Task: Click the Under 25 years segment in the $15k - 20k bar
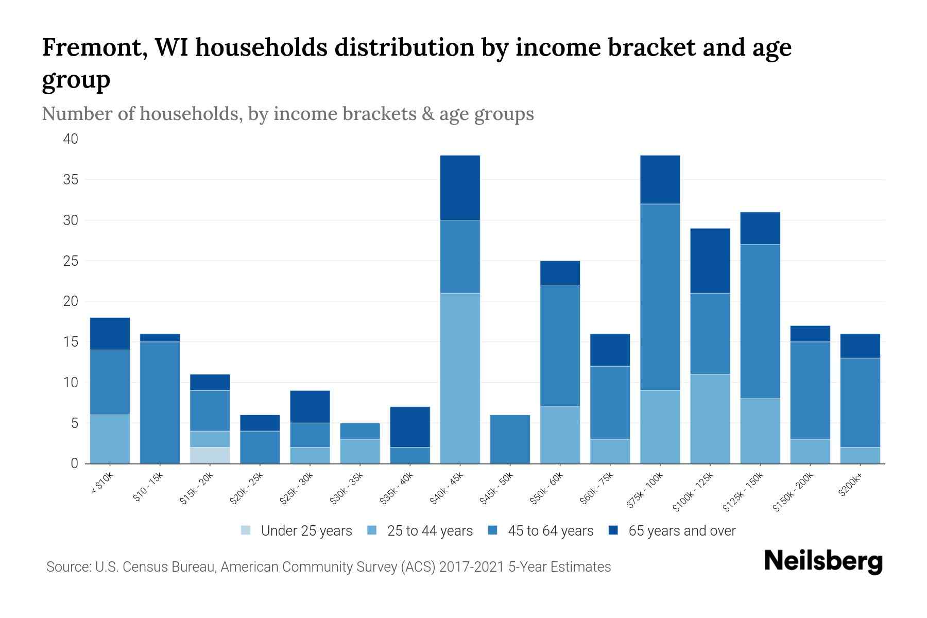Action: [x=210, y=455]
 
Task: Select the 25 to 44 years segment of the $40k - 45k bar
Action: [x=460, y=378]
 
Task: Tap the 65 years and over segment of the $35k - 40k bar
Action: [x=410, y=427]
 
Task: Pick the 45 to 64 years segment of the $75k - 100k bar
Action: [x=660, y=297]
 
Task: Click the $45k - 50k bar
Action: [x=510, y=439]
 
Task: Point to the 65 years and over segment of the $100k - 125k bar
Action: [x=710, y=261]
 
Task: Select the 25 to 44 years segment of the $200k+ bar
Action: [x=860, y=455]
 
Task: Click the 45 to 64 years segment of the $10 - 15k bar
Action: [x=160, y=402]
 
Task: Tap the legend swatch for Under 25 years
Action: [x=246, y=530]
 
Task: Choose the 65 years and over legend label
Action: [x=682, y=530]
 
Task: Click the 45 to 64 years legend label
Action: [x=551, y=530]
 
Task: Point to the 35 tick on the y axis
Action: [x=71, y=180]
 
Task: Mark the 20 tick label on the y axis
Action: [x=71, y=301]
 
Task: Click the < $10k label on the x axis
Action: [x=103, y=484]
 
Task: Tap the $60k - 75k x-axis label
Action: [x=597, y=488]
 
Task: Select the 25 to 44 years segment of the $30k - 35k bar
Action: [x=360, y=451]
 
